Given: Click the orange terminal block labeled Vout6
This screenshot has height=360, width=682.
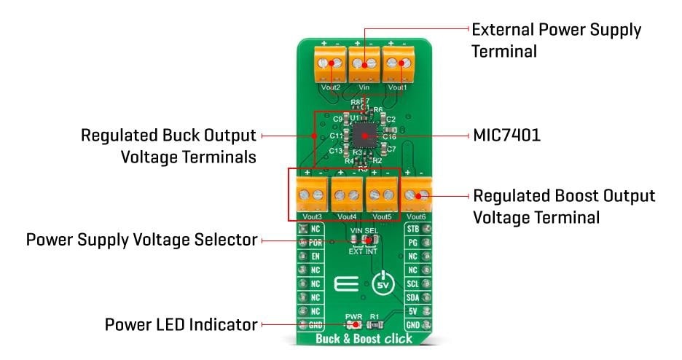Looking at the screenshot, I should [x=418, y=195].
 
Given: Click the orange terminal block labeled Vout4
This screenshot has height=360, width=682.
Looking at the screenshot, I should [x=347, y=195].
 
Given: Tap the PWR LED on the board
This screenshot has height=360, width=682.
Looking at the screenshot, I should [x=356, y=324].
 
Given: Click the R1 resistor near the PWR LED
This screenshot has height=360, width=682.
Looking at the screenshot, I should [x=375, y=324].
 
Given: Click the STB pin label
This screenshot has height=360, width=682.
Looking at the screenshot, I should [x=412, y=230].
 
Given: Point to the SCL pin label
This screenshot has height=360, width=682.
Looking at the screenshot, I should [x=412, y=283].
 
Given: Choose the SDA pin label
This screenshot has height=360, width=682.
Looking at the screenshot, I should [x=412, y=297].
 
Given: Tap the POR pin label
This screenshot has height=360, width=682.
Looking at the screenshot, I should [x=315, y=243].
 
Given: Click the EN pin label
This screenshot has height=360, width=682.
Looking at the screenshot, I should [x=315, y=257].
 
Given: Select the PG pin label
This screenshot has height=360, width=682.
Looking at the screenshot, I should [x=412, y=243].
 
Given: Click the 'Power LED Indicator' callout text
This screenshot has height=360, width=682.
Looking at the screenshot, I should [x=181, y=324].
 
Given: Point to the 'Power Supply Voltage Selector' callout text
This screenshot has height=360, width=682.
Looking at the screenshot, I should [x=141, y=239].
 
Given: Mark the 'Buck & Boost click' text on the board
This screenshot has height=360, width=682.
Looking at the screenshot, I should [x=364, y=339].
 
